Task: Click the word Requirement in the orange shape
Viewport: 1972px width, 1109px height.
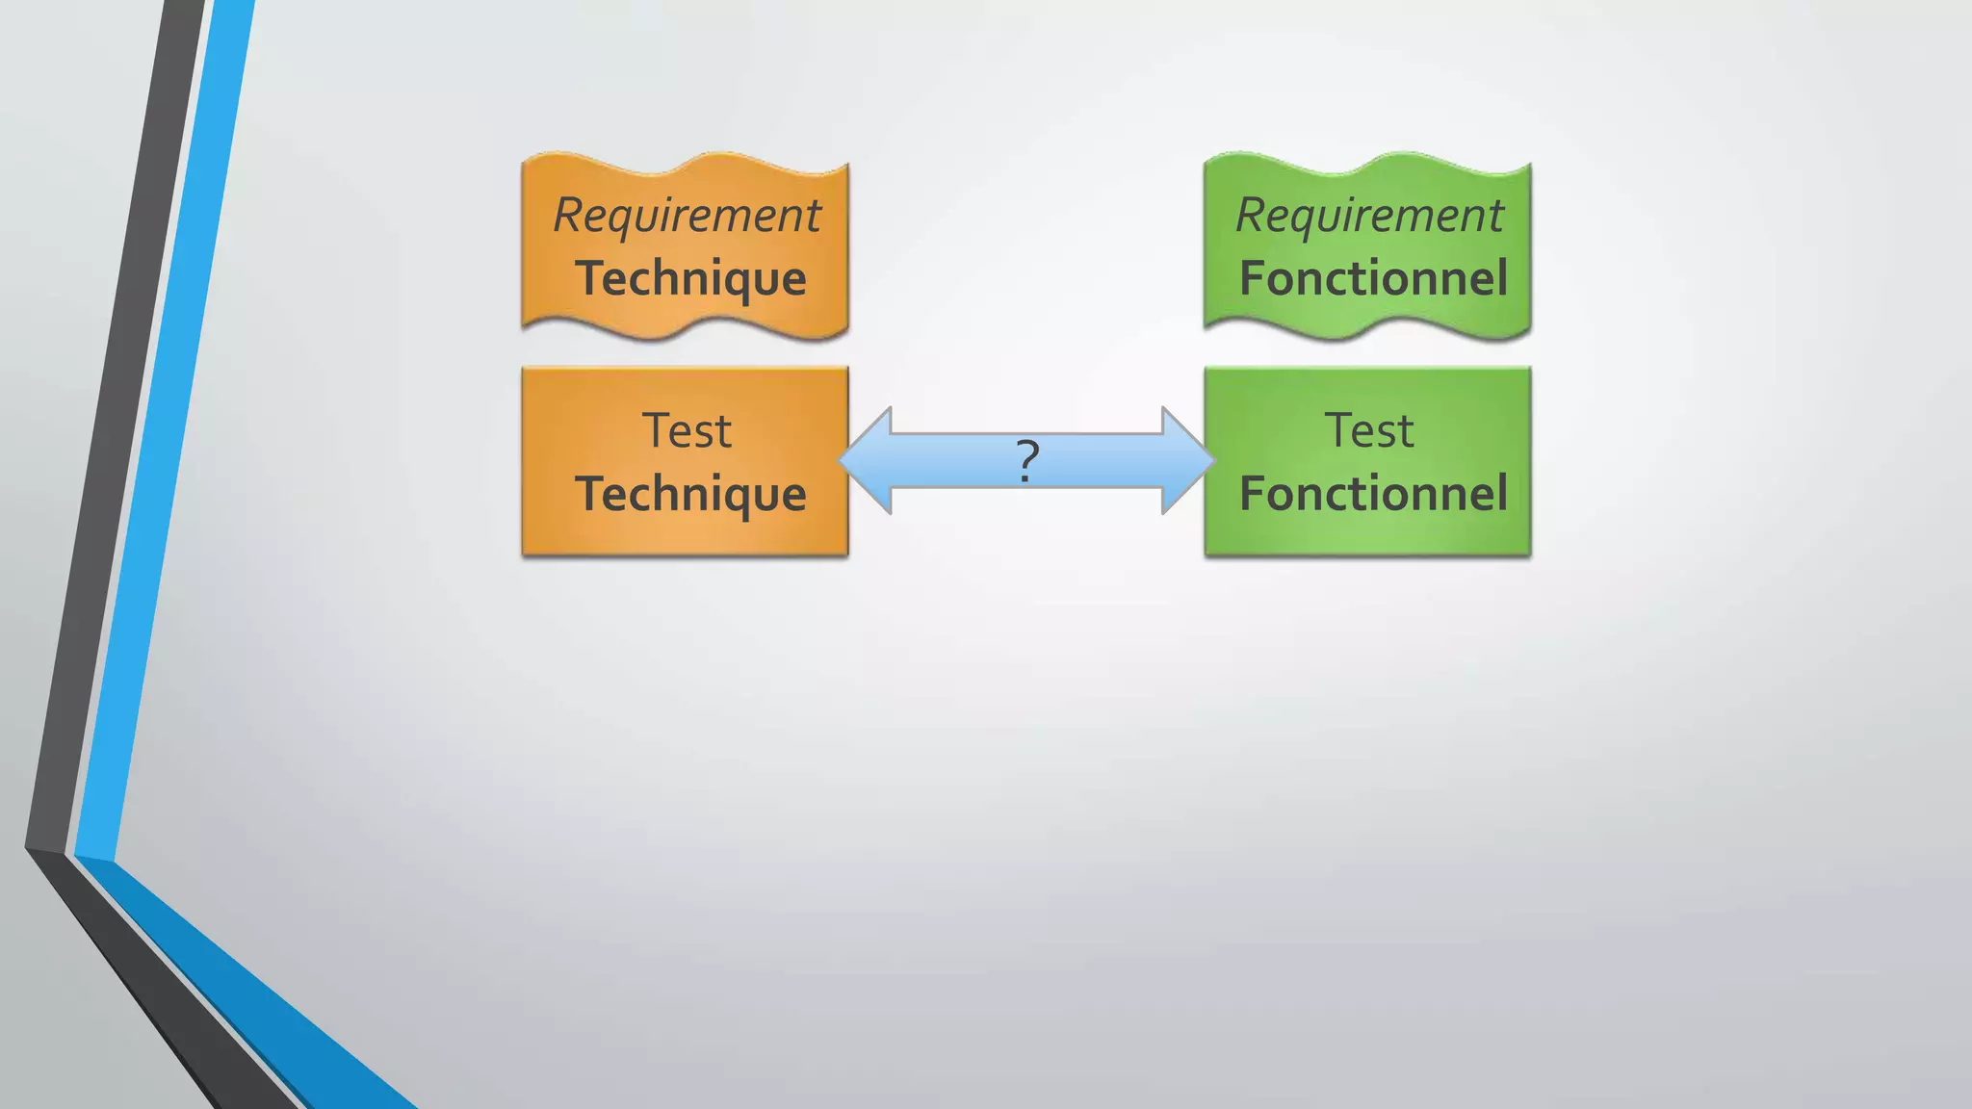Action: [x=687, y=214]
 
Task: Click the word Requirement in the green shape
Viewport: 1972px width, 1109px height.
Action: [x=1369, y=214]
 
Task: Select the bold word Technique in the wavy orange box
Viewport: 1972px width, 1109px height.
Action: [x=690, y=278]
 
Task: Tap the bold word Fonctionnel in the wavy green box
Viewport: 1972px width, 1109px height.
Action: [x=1373, y=278]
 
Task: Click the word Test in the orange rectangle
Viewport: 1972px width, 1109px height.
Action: [x=687, y=430]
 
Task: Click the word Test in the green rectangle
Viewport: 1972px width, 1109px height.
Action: [x=1369, y=430]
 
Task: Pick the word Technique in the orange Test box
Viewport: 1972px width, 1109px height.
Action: [x=690, y=494]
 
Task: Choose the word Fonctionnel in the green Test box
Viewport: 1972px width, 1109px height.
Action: [x=1373, y=494]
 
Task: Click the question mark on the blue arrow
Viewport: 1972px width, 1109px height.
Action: [x=1027, y=461]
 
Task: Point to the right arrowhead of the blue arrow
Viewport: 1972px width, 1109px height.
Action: [x=1186, y=460]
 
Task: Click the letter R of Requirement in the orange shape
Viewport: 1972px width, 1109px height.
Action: [x=568, y=214]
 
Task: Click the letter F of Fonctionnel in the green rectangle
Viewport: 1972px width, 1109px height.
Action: [x=1253, y=493]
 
